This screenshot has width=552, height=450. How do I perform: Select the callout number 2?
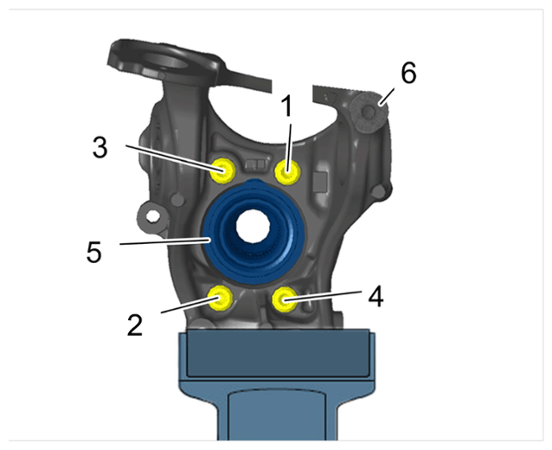click(x=135, y=325)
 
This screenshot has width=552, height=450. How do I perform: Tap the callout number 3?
click(x=100, y=147)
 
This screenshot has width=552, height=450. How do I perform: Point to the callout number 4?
click(x=375, y=296)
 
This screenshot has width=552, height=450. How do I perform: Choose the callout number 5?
click(x=94, y=252)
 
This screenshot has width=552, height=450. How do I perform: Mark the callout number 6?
click(x=408, y=73)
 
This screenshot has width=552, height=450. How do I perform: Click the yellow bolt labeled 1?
click(x=287, y=172)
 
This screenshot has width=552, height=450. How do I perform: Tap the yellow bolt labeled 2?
click(x=221, y=298)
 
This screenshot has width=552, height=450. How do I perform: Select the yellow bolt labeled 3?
click(x=222, y=170)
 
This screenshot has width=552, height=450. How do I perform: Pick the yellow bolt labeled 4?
click(x=285, y=299)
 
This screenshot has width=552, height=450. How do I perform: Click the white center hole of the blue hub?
click(x=254, y=226)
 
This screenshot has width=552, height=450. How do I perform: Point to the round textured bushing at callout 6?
click(x=369, y=112)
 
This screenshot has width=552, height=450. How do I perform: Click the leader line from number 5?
click(x=165, y=241)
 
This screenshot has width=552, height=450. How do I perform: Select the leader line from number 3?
click(x=175, y=158)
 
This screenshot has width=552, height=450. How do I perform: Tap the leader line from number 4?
click(x=323, y=295)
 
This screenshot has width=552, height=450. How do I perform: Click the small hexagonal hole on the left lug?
click(x=153, y=215)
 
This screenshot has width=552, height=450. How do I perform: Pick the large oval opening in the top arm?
click(x=165, y=61)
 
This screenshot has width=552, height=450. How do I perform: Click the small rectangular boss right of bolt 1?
click(x=320, y=182)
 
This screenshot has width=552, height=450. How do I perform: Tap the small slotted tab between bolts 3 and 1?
click(x=255, y=164)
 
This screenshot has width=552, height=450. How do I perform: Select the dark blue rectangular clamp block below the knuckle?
click(x=278, y=353)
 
